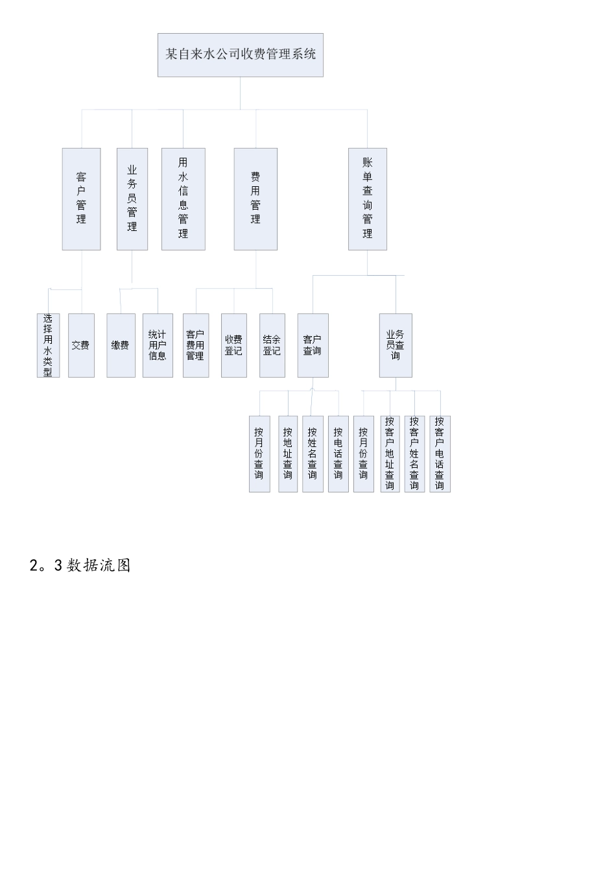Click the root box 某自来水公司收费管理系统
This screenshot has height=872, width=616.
tap(240, 55)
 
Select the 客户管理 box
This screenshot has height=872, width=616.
tap(81, 199)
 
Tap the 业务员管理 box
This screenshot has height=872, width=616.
tap(132, 199)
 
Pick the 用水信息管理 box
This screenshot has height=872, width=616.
tap(183, 199)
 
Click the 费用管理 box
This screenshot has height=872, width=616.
tap(255, 199)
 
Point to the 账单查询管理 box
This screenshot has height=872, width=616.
tap(367, 199)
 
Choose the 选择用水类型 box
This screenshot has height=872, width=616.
tap(48, 345)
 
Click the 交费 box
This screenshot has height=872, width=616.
tap(81, 345)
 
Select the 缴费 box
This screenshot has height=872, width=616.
tap(121, 345)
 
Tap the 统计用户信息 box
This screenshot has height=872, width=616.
tap(158, 345)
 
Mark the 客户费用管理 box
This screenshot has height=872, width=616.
tap(195, 345)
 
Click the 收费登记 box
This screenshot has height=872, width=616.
tap(233, 345)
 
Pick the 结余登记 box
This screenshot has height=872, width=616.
tap(272, 345)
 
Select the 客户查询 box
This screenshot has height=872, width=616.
tap(313, 345)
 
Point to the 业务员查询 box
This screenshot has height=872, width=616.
tap(395, 345)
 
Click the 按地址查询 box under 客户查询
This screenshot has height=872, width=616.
tap(287, 454)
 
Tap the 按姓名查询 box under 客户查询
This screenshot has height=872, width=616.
tap(313, 454)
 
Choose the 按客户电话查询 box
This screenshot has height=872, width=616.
tap(440, 454)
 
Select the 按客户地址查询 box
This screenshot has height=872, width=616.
tap(390, 454)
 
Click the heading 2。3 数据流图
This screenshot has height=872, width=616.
tap(80, 565)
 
